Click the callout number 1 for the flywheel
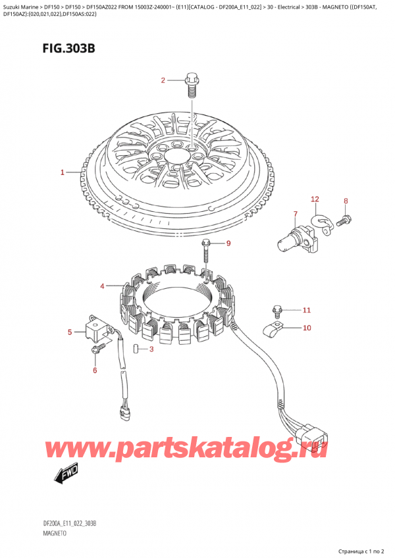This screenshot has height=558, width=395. coord(62,172)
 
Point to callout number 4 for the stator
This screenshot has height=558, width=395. coord(102,286)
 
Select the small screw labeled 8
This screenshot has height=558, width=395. coord(343,222)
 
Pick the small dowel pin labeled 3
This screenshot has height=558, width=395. coord(135,349)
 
